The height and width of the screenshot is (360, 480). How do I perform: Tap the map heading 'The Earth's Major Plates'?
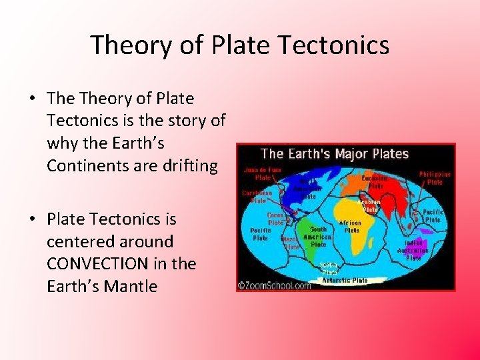coord(334,154)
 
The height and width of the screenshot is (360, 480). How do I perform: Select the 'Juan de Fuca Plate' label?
coord(263,174)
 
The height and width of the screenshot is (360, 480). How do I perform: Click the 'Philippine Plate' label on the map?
coord(434,178)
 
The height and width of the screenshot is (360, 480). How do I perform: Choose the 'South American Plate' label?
coord(317,236)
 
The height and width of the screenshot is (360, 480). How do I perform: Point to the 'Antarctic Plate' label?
coord(345,280)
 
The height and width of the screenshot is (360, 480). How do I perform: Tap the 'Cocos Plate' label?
coord(275,219)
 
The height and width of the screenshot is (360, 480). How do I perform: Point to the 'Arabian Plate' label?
coord(369,205)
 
